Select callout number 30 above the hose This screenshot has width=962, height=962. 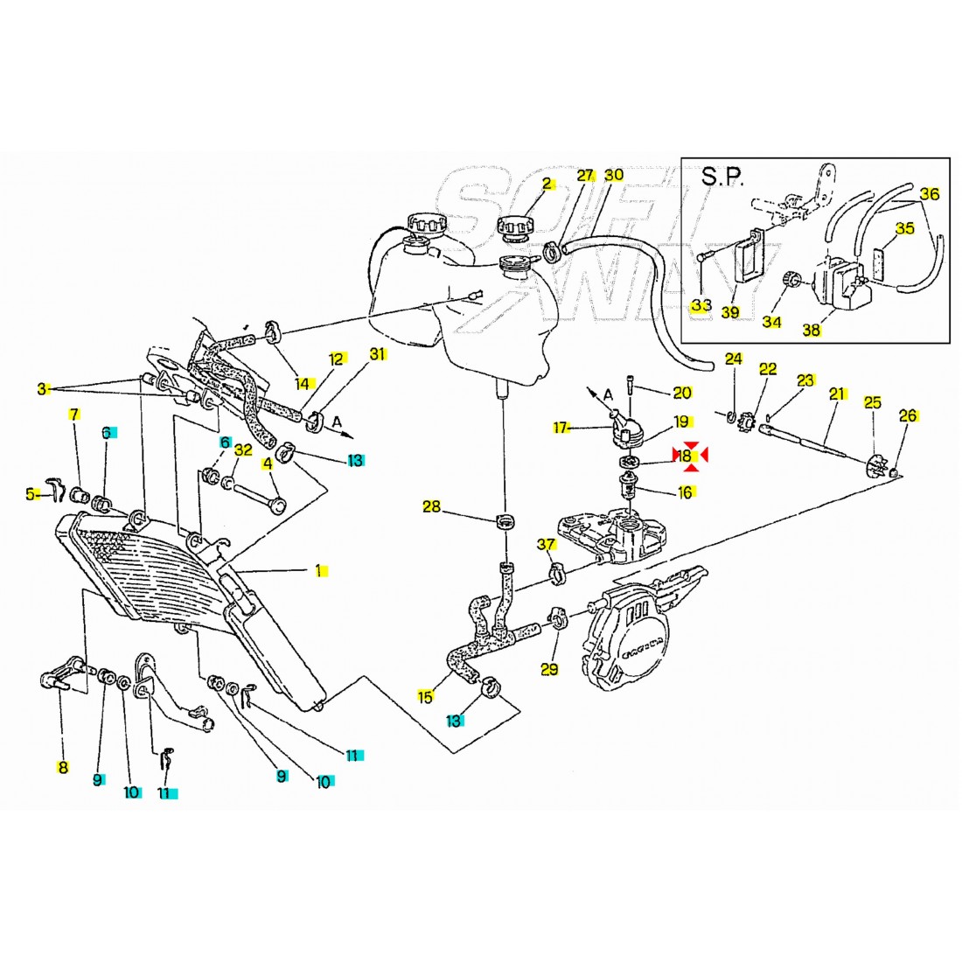[614, 175]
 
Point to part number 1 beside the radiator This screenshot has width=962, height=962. [319, 571]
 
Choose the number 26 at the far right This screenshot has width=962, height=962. [908, 415]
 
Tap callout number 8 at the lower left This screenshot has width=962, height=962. [62, 768]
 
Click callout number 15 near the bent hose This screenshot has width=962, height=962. [426, 697]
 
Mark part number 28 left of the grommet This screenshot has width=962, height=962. [432, 506]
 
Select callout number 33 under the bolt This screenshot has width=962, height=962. [701, 305]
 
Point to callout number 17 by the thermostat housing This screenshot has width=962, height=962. [561, 428]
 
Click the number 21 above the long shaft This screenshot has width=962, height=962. [837, 394]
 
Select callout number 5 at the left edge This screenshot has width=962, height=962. [32, 494]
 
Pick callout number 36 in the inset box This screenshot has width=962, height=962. [929, 194]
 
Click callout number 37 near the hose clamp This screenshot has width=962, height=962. [547, 545]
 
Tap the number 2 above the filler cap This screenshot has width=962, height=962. [547, 184]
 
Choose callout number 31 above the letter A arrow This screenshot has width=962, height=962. [377, 354]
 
